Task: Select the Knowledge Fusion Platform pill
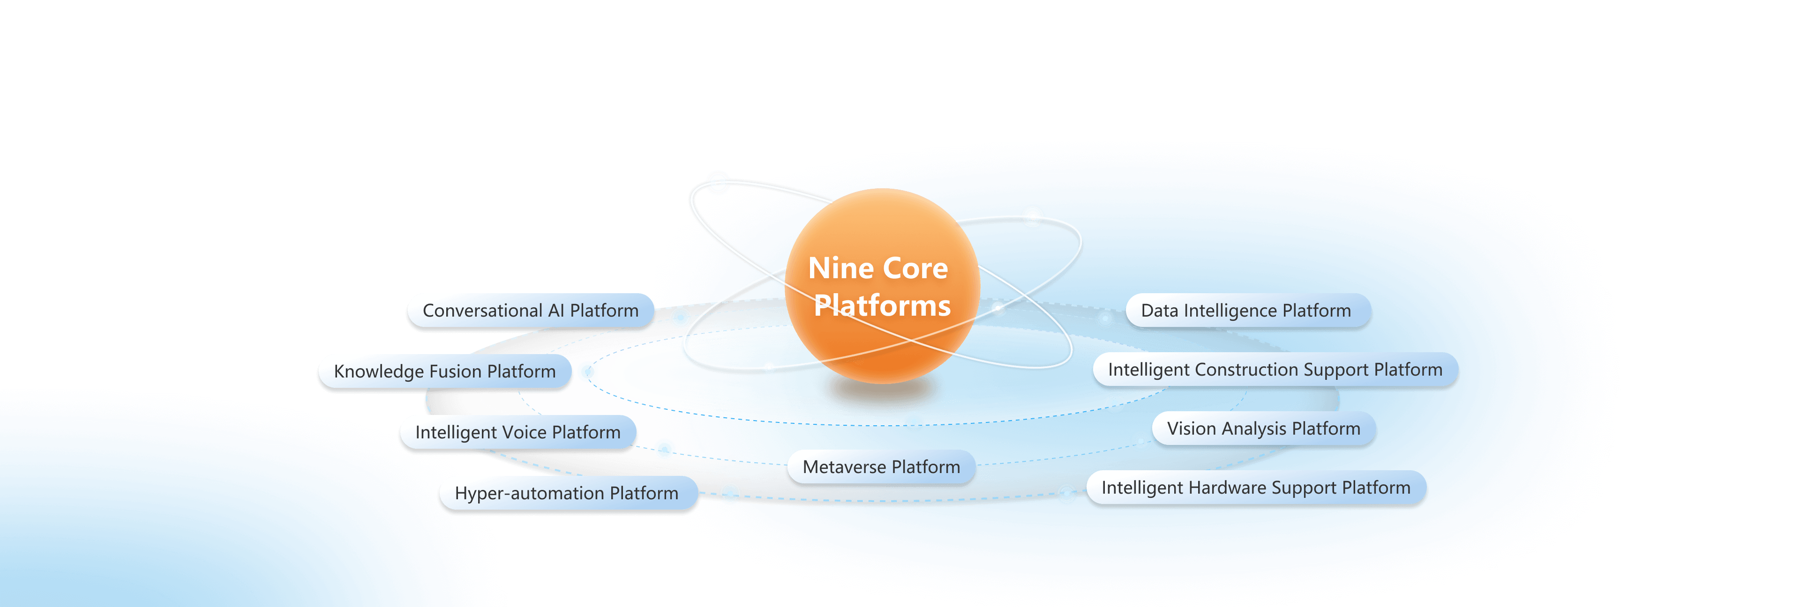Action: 445,371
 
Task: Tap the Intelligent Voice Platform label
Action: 518,432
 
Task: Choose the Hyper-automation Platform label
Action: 567,493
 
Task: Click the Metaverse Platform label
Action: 881,466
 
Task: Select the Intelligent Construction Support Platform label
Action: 1275,370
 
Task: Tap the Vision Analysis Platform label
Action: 1263,428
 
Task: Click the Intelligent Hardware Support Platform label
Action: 1256,488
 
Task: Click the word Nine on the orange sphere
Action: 840,269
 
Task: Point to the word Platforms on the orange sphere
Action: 883,306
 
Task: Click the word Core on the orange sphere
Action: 915,269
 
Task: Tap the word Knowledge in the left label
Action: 379,371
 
